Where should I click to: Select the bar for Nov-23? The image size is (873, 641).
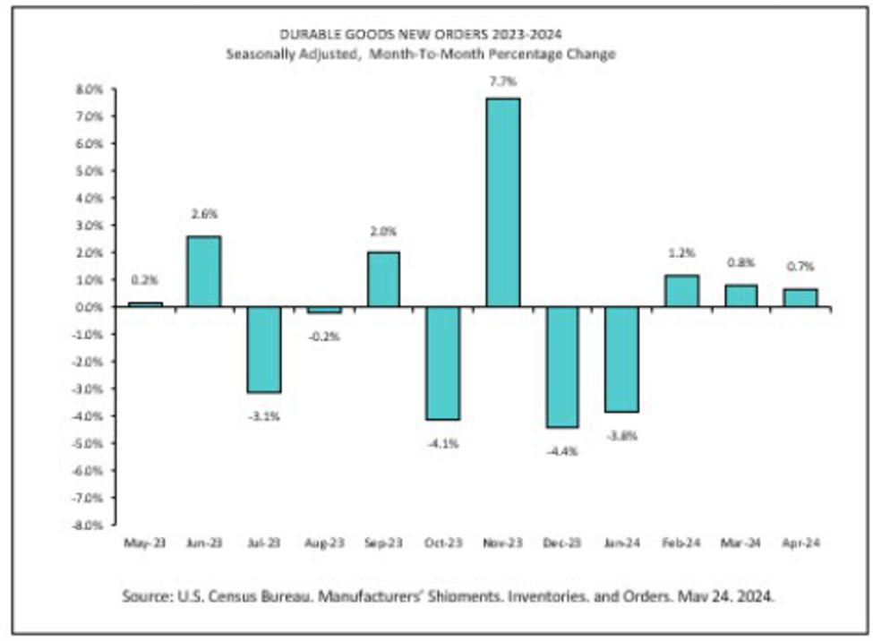coord(503,202)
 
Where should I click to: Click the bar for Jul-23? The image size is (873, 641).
coord(264,349)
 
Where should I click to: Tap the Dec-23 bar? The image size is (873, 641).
coord(562,367)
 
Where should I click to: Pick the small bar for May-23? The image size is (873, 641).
coord(145,304)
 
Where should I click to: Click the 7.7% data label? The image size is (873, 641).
coord(503,81)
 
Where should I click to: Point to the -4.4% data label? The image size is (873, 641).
coord(562,452)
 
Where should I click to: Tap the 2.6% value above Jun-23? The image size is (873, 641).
coord(204,214)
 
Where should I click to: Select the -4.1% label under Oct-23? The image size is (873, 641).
coord(443,443)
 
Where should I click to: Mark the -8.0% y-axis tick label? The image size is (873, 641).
coord(90,525)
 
